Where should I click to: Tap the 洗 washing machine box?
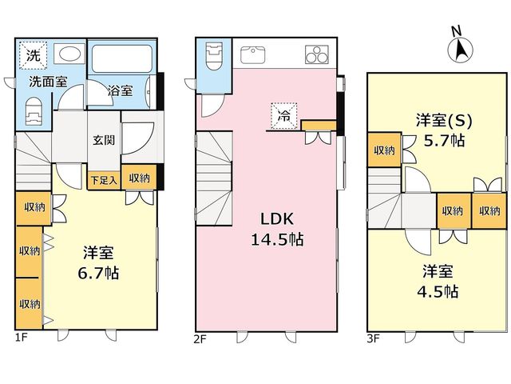33,55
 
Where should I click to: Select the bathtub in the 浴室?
122,58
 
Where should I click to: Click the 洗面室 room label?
48,82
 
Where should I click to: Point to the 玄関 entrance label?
104,140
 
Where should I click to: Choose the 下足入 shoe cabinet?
104,180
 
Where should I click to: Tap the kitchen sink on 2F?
252,54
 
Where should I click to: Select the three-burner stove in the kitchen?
317,54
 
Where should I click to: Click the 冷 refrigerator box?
284,116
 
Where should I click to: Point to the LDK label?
277,218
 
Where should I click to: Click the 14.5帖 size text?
277,239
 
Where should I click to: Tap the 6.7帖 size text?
98,273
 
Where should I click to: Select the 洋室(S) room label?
444,121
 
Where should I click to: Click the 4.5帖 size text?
438,291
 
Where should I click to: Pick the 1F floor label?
22,338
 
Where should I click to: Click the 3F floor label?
374,338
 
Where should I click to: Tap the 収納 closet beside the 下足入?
139,178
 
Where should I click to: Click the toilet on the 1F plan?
34,111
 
